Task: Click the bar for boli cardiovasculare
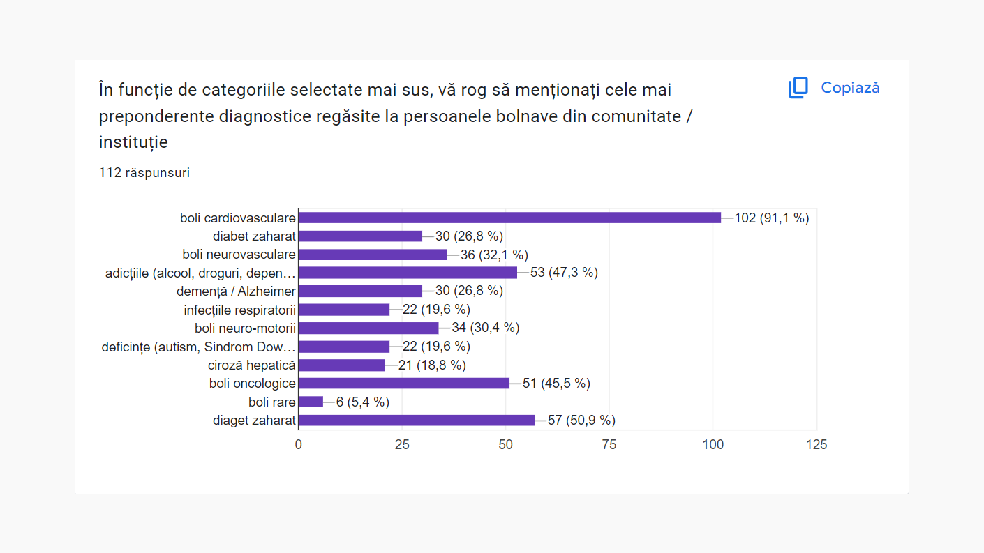coord(509,218)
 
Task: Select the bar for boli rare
coord(311,402)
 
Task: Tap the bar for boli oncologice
coord(403,383)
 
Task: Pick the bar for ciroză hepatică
coord(341,365)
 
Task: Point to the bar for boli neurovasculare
coord(373,255)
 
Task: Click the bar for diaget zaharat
coord(416,420)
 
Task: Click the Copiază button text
coord(850,88)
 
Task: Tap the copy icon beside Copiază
coord(798,88)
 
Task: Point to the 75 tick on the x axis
coord(609,444)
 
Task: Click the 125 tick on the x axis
coord(816,444)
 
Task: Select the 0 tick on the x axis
coord(299,444)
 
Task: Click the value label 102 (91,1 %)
coord(771,218)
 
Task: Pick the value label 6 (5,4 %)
coord(362,402)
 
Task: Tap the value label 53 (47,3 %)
coord(564,273)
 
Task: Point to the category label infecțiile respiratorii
coord(239,310)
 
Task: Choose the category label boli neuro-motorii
coord(245,328)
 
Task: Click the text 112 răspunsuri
coord(144,172)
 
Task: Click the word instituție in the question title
coord(133,142)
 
